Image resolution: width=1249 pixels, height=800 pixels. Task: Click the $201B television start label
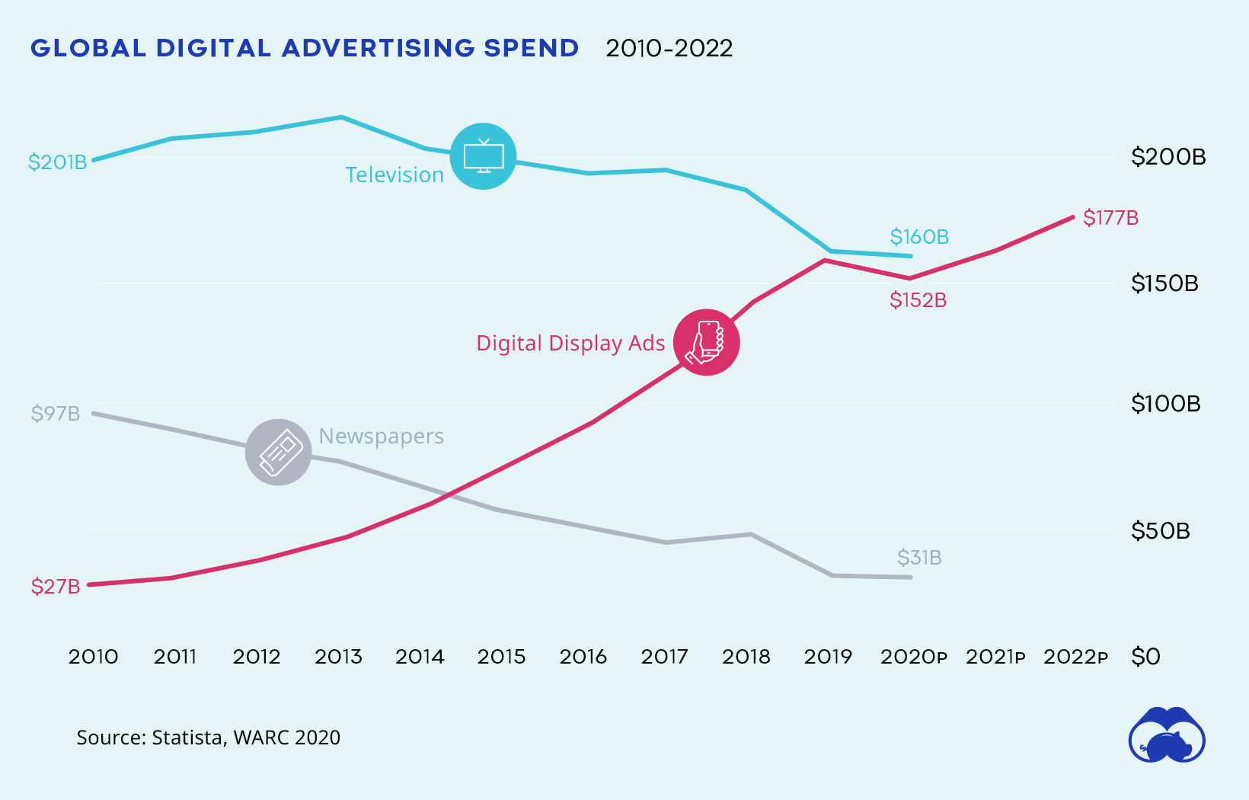point(57,162)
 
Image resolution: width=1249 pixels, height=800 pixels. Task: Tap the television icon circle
point(483,156)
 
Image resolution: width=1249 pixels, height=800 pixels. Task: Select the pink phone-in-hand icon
point(706,342)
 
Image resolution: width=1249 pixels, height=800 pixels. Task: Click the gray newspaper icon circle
point(279,452)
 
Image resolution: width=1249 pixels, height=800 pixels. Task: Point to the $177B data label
point(1110,218)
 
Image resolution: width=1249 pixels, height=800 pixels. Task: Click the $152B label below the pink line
point(918,300)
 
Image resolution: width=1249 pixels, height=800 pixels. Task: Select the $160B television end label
point(919,237)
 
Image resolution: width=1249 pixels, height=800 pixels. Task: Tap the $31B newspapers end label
point(919,558)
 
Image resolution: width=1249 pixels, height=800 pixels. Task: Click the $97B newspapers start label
point(56,414)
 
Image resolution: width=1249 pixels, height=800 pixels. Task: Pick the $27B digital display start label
point(56,587)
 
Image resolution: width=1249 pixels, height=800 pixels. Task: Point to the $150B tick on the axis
point(1164,283)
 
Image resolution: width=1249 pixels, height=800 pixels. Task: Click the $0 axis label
point(1145,657)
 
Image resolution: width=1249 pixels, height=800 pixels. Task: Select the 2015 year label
point(501,657)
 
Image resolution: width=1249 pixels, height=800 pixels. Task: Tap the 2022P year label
point(1075,657)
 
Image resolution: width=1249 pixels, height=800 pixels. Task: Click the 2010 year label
point(93,657)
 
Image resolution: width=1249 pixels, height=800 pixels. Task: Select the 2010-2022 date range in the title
point(669,49)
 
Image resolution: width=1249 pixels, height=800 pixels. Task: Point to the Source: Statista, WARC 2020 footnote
point(208,738)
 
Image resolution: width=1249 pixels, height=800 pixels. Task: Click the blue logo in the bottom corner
point(1166,736)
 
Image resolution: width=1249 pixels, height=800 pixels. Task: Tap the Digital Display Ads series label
point(570,344)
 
